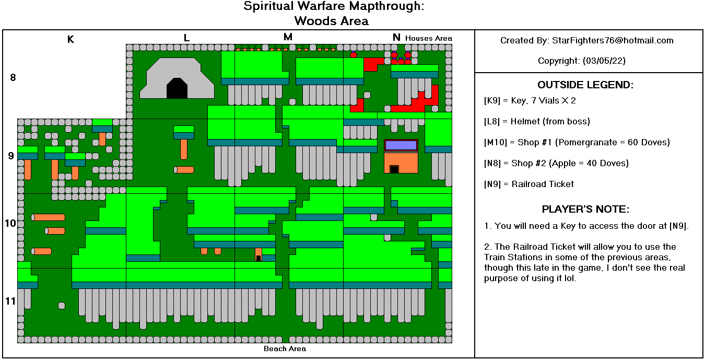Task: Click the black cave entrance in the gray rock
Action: [x=177, y=88]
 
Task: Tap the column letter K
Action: [x=70, y=39]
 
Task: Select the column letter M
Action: [x=288, y=37]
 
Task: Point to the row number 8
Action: [x=13, y=78]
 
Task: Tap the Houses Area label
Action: [x=428, y=38]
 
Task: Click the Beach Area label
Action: [x=285, y=349]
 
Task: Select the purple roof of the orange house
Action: [x=401, y=145]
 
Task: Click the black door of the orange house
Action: [x=394, y=169]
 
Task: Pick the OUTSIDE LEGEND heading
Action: [x=585, y=85]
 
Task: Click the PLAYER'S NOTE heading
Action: [x=585, y=210]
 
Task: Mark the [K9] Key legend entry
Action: [x=530, y=100]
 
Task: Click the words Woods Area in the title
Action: [x=331, y=21]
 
